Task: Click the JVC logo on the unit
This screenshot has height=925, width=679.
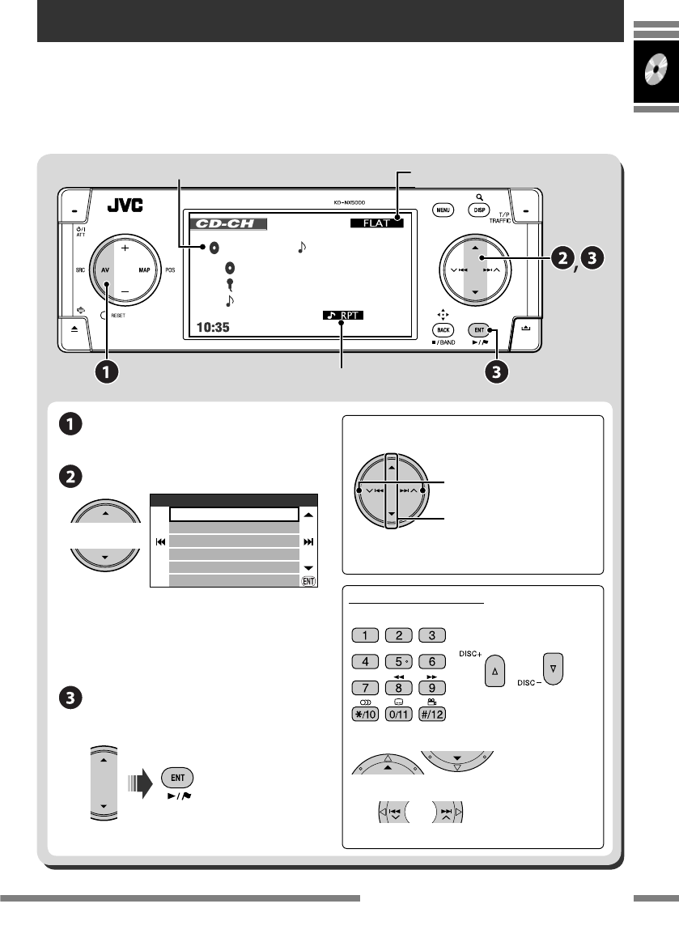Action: tap(125, 206)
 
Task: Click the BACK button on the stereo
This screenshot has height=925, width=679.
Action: tap(442, 330)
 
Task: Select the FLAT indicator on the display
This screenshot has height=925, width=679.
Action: tap(376, 223)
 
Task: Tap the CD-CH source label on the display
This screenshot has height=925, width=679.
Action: tap(227, 223)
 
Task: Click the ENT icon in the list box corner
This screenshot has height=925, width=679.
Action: tap(308, 580)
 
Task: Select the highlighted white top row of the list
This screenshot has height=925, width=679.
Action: tap(235, 514)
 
